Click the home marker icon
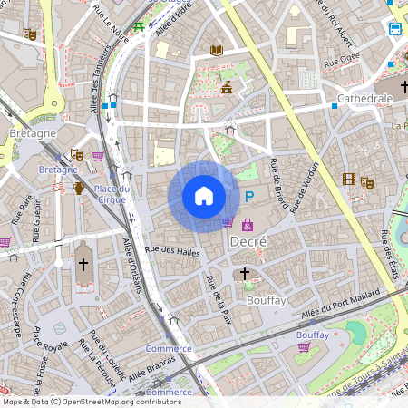pyautogui.click(x=204, y=195)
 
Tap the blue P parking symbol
pyautogui.click(x=248, y=197)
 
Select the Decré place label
pyautogui.click(x=248, y=242)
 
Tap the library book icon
pyautogui.click(x=216, y=51)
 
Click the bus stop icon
pyautogui.click(x=396, y=29)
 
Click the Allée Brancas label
pyautogui.click(x=149, y=367)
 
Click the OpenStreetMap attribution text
pyautogui.click(x=91, y=402)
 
